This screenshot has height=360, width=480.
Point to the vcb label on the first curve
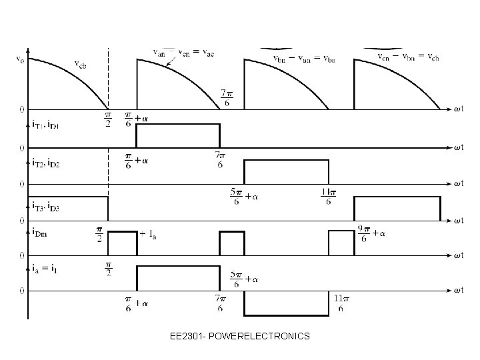[x=80, y=64]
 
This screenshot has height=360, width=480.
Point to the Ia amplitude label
[x=148, y=234]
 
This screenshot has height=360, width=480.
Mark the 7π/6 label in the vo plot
[x=227, y=97]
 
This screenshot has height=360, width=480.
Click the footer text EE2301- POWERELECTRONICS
[x=239, y=336]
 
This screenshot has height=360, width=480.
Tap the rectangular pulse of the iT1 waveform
[x=177, y=135]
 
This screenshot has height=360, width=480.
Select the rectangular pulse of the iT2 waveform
[x=287, y=171]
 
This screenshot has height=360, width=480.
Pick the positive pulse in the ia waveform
[x=177, y=278]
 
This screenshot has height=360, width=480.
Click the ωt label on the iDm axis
[x=459, y=255]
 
